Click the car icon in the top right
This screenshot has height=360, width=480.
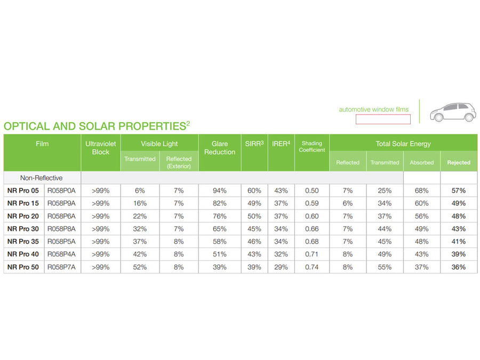453,111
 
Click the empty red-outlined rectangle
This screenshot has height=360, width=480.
383,119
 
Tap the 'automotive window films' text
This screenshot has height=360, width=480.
373,109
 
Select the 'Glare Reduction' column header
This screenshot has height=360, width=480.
219,148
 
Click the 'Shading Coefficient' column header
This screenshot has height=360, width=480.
312,147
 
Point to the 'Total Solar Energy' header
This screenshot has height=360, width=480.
403,143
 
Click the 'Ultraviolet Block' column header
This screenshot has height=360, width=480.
100,148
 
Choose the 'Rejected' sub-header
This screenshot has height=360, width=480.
459,163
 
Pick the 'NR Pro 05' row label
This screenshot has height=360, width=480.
23,190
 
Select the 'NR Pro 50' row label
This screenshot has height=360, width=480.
23,267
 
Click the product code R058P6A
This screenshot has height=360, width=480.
61,216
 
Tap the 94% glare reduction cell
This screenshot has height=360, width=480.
219,190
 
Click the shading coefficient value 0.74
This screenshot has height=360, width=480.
311,267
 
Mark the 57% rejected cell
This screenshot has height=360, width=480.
459,190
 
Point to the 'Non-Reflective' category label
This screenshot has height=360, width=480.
42,178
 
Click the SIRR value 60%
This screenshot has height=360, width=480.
254,190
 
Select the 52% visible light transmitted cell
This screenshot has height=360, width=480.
140,267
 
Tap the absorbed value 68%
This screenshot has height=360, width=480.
421,190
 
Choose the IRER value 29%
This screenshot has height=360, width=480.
281,267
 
